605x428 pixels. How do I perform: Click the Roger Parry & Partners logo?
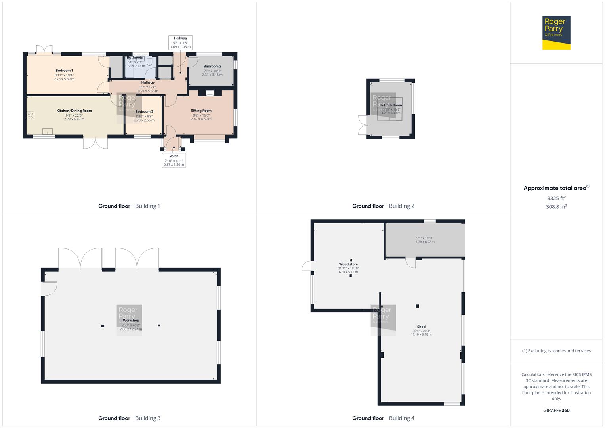coord(556,32)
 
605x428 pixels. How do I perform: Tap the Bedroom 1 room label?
coord(64,71)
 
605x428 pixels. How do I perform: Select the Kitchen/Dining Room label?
coord(74,111)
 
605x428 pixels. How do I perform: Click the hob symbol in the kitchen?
coord(31,116)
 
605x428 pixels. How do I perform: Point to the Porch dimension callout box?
coord(174,160)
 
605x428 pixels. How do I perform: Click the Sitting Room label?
coord(201,111)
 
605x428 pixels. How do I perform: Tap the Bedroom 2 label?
coord(212,67)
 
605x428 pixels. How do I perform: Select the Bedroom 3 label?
coord(144,112)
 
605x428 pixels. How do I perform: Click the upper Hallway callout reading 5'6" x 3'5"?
coord(180,42)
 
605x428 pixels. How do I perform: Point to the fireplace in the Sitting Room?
coord(210,93)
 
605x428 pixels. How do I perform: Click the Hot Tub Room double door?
coord(362,125)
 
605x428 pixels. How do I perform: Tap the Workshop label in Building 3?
coord(131,321)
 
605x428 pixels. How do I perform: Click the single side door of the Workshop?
coord(50,289)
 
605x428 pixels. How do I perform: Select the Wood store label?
coord(348,264)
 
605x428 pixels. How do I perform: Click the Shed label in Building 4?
coord(421,327)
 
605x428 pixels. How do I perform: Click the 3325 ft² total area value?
coord(556,198)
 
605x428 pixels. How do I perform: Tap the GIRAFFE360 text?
coord(556,411)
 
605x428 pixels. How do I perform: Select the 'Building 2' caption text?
coord(401,206)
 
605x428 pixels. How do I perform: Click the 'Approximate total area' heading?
coord(555,188)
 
